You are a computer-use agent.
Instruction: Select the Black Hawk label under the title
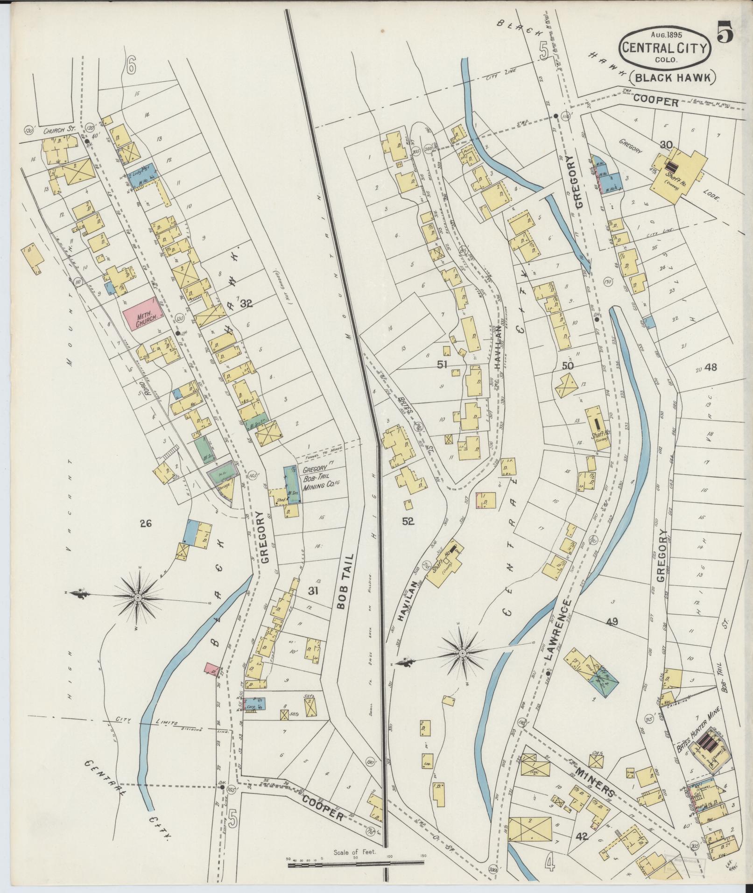(672, 77)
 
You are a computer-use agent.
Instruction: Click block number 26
(146, 524)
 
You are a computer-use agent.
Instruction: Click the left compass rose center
(138, 597)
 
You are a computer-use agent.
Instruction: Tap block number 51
(442, 365)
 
